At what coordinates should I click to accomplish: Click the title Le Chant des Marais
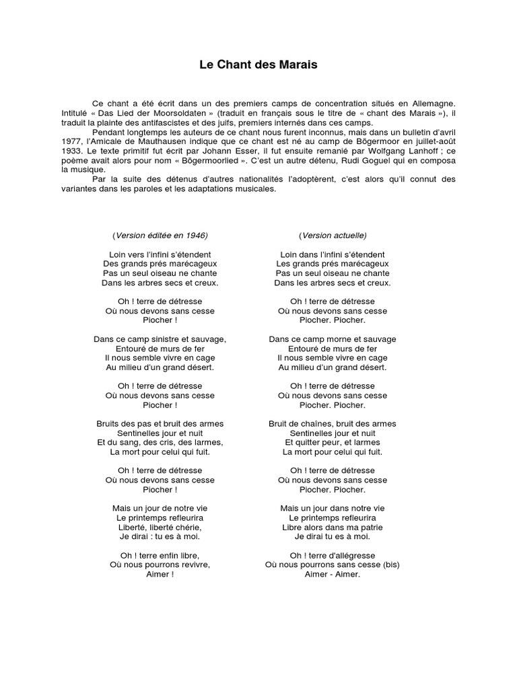tap(258, 65)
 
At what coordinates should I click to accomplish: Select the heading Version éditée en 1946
tap(160, 235)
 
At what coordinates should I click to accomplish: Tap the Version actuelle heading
tap(333, 235)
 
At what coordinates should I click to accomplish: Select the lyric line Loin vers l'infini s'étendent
tap(160, 255)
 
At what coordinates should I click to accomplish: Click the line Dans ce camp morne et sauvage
tap(333, 340)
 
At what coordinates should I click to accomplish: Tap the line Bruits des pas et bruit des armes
tap(160, 424)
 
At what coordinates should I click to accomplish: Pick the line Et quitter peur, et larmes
tap(333, 443)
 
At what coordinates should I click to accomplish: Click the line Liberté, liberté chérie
tap(160, 528)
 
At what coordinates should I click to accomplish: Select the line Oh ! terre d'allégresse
tap(333, 556)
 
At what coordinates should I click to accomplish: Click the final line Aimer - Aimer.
tap(333, 575)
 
